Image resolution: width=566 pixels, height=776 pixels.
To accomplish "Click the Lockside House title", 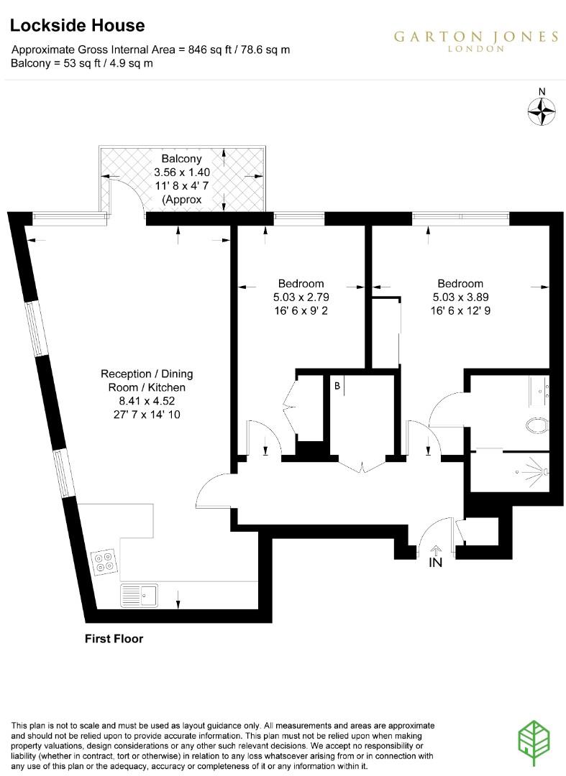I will (78, 26).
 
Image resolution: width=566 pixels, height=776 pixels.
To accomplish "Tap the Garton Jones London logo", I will (475, 41).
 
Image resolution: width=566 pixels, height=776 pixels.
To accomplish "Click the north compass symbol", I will (542, 110).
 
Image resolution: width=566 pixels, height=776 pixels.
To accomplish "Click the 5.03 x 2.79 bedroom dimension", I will (301, 297).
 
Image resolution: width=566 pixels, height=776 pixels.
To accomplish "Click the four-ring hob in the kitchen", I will (104, 560).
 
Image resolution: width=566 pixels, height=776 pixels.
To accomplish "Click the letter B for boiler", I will (337, 386).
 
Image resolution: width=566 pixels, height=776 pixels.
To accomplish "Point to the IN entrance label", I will (435, 563).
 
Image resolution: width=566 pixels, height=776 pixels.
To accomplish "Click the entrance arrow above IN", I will (436, 550).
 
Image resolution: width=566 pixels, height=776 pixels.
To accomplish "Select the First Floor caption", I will (114, 638).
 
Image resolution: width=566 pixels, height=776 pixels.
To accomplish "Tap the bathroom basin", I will (539, 389).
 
